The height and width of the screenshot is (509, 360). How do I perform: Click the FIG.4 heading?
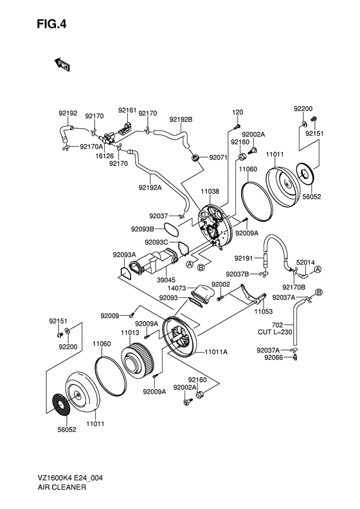[x=51, y=24]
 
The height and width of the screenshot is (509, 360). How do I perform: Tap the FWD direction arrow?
[x=62, y=64]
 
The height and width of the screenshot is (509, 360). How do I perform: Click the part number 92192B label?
[x=181, y=120]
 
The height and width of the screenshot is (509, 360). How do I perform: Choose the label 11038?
[x=210, y=191]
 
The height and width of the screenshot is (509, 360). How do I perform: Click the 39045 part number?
[x=166, y=279]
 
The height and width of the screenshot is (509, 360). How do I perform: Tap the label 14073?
[x=176, y=288]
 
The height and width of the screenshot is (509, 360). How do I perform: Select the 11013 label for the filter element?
[x=130, y=333]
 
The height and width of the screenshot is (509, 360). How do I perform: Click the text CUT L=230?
[x=275, y=332]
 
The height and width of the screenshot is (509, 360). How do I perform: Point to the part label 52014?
[x=305, y=263]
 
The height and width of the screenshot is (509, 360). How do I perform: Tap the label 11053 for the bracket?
[x=264, y=311]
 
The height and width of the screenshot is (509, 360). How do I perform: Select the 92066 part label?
[x=274, y=357]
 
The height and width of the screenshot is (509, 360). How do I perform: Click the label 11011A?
[x=217, y=351]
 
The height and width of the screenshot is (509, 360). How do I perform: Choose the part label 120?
[x=237, y=113]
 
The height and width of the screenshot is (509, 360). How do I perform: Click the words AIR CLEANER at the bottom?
[x=62, y=487]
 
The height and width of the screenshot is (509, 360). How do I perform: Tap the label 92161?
[x=127, y=111]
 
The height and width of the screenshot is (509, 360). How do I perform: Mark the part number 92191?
[x=244, y=258]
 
